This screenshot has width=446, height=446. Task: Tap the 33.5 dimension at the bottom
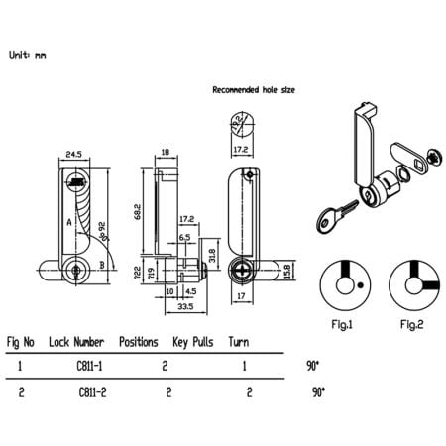pos(185,306)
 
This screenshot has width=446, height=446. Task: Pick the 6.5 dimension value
pos(184,237)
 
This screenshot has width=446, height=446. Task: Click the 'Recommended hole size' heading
pos(254,89)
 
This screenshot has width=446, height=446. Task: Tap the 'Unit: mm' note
pos(26,56)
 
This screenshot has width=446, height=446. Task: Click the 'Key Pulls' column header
pos(193,342)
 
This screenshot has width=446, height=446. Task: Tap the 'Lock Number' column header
pos(78,342)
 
